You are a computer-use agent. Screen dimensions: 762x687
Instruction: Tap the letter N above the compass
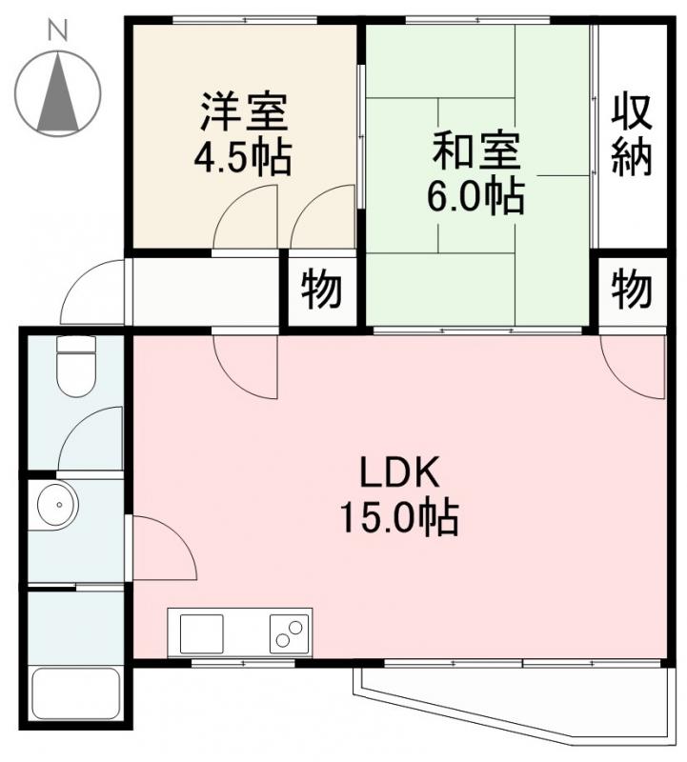pyautogui.click(x=59, y=30)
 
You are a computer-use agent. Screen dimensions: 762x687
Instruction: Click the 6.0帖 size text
pyautogui.click(x=475, y=196)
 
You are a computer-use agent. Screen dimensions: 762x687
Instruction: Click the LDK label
pyautogui.click(x=398, y=473)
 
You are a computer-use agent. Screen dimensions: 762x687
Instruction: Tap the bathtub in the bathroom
pyautogui.click(x=76, y=697)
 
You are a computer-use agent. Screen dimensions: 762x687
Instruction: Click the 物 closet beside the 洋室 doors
pyautogui.click(x=322, y=290)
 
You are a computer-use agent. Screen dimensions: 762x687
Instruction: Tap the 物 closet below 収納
pyautogui.click(x=632, y=288)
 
